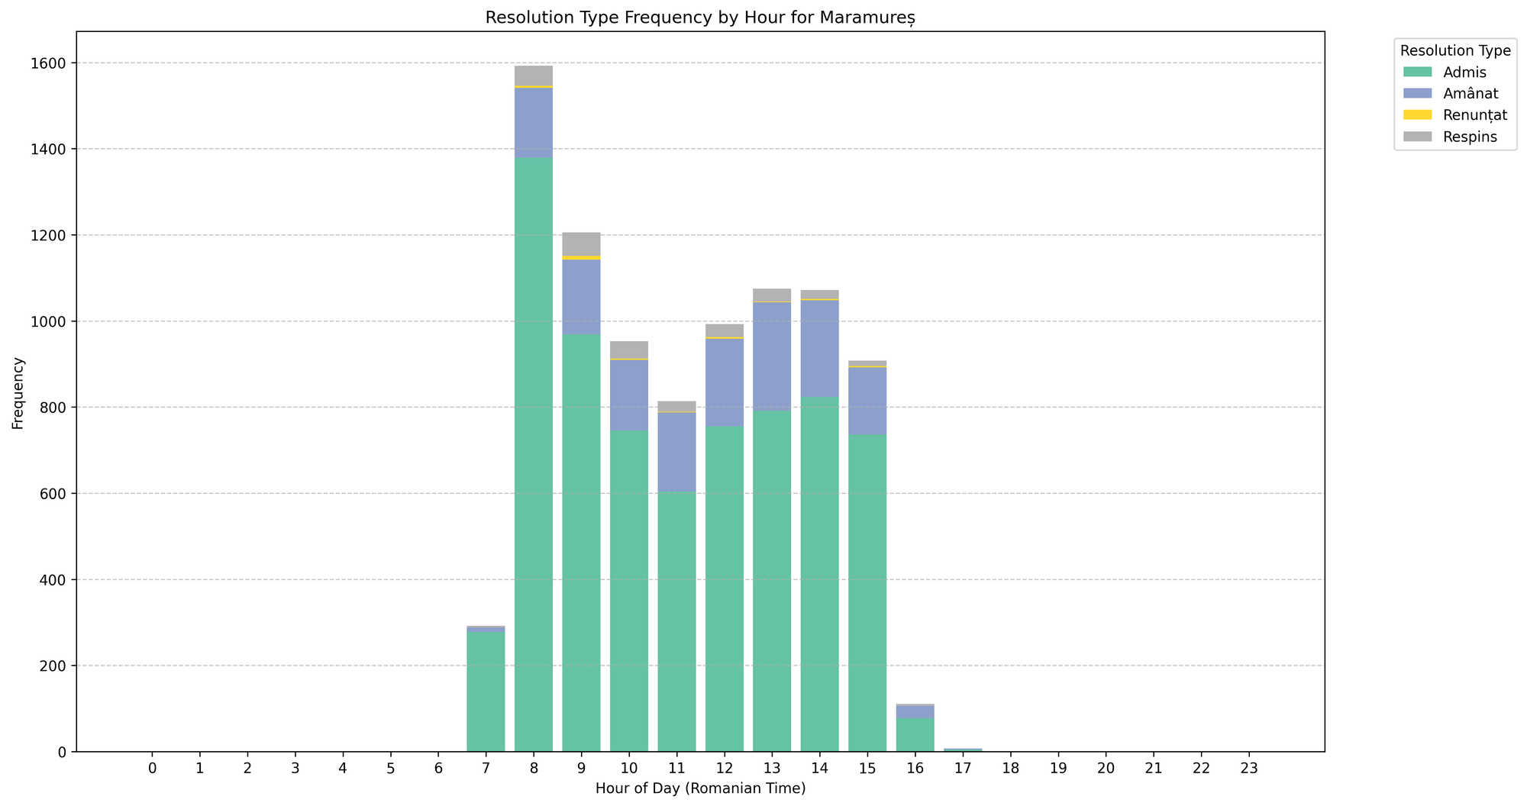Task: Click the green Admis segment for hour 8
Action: tap(533, 458)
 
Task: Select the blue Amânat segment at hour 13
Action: tap(772, 356)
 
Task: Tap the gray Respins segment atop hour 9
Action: tap(581, 244)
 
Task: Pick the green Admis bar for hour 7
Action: tap(486, 691)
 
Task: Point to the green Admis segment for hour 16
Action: tap(915, 735)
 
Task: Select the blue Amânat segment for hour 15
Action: tap(867, 401)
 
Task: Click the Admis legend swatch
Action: tap(1419, 73)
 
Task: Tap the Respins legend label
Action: tap(1470, 137)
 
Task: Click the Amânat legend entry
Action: tap(1471, 94)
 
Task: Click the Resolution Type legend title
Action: tap(1454, 51)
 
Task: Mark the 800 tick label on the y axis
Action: tap(57, 408)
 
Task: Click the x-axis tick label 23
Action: tap(1248, 768)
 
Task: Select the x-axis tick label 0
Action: tap(152, 768)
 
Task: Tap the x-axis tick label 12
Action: tap(724, 768)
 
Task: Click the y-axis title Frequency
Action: tap(18, 392)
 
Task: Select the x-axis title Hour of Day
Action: tap(700, 788)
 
